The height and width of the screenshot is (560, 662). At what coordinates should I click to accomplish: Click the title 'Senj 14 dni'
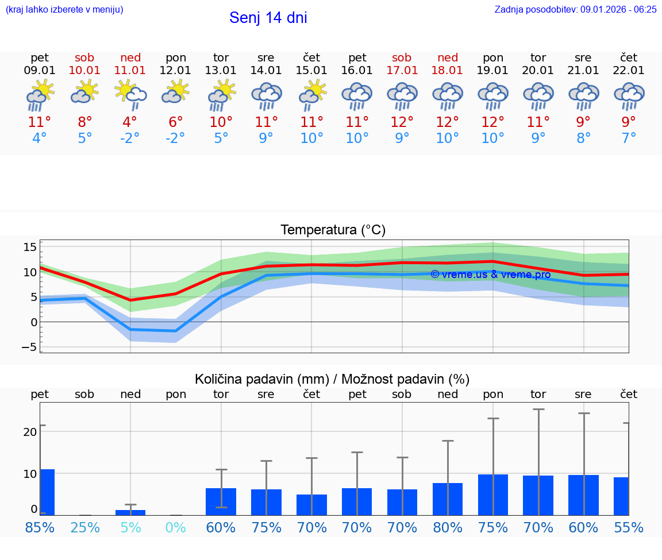pos(268,18)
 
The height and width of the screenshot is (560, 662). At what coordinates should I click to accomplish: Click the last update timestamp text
pos(575,9)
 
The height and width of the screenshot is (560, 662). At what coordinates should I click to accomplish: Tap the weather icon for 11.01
pos(130,94)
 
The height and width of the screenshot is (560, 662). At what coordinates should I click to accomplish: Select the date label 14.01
pos(266,71)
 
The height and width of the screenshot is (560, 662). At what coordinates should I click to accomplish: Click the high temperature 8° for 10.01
pos(85,122)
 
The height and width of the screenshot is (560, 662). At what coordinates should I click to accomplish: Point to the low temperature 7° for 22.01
pos(629,138)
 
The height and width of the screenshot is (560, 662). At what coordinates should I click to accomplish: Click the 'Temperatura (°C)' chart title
pos(333,230)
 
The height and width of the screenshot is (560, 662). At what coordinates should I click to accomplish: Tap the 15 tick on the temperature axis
pos(30,247)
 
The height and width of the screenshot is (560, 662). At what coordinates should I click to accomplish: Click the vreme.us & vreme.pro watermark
pos(490,275)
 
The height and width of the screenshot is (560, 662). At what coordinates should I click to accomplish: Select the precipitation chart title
pos(332,379)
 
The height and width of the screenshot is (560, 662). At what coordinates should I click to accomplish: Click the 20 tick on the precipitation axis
pos(30,432)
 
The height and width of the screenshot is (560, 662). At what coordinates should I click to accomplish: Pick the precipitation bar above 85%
pos(47,492)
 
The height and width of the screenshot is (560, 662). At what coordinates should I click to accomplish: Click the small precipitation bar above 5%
pos(130,512)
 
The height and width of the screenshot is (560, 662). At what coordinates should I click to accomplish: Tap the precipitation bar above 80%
pos(448,499)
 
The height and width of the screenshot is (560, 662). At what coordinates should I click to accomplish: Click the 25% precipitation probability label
pos(85,527)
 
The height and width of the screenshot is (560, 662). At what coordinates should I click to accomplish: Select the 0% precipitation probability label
pos(176,527)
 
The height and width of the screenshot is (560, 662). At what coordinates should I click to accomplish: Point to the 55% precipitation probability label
pos(629,527)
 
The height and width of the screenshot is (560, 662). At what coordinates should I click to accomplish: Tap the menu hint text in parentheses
pos(64,9)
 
